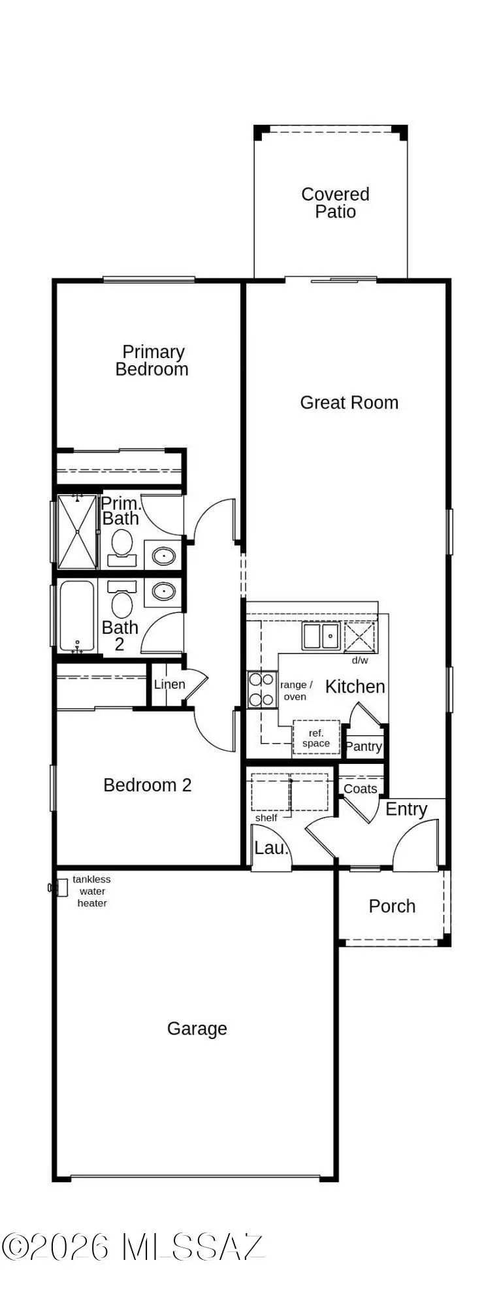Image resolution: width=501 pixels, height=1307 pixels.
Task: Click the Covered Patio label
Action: [335, 203]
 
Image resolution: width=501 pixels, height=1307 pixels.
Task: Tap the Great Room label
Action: [349, 403]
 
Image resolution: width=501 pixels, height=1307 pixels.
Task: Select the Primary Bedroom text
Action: [152, 361]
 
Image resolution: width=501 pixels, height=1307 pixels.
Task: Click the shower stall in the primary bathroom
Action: [77, 532]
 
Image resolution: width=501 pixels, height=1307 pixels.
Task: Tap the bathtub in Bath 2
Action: [77, 616]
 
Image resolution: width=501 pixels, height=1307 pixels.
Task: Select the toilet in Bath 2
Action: [121, 601]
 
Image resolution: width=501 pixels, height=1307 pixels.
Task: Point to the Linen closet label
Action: [169, 684]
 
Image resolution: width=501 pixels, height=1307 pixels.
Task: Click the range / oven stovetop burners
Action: [261, 689]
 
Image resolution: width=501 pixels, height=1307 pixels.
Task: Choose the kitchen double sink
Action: [320, 636]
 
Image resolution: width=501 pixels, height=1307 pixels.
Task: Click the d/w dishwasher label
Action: [360, 660]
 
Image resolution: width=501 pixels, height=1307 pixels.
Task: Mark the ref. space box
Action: [316, 738]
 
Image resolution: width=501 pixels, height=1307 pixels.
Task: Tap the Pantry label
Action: [363, 746]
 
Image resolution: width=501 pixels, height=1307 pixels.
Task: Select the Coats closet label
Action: [361, 789]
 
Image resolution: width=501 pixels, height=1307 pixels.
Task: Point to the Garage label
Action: [197, 1029]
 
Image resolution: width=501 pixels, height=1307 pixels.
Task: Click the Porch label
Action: [392, 906]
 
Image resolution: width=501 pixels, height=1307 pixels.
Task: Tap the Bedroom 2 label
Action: [148, 785]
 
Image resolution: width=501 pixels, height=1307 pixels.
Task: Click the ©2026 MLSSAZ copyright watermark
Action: [133, 1247]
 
